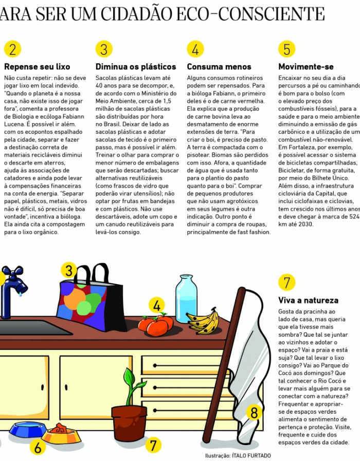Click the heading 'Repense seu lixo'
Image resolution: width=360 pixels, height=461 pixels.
(x=37, y=67)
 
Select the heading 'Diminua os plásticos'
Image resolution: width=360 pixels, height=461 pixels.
(x=136, y=67)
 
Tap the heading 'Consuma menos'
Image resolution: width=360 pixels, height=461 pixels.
(x=219, y=67)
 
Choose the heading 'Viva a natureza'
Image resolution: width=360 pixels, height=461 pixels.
(x=309, y=300)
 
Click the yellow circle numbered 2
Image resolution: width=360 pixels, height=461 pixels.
(x=12, y=49)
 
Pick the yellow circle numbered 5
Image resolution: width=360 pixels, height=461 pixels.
(x=286, y=49)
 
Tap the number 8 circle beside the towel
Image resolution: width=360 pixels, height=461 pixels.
(x=254, y=412)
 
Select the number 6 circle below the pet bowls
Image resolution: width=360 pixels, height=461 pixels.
(x=37, y=447)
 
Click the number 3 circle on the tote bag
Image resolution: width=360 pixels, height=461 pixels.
(x=69, y=271)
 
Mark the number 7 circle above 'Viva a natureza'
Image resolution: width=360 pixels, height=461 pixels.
(x=286, y=282)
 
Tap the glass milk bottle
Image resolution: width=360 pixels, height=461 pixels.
(x=186, y=299)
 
